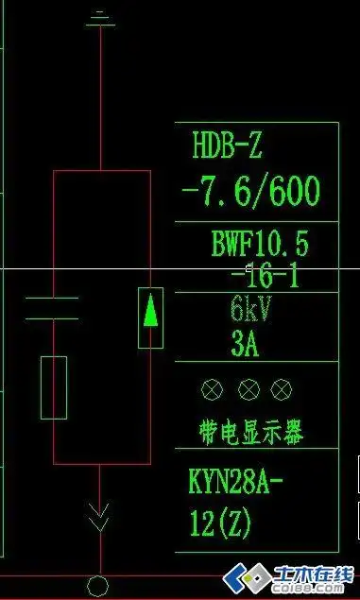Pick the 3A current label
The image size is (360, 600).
tap(245, 342)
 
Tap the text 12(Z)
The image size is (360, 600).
tap(220, 523)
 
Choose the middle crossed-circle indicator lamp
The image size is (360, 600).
tap(248, 389)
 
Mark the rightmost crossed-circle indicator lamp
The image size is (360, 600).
tap(281, 389)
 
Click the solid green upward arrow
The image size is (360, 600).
tap(150, 311)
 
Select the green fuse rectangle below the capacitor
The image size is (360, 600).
tap(54, 387)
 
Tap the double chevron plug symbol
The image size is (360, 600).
tap(98, 518)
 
